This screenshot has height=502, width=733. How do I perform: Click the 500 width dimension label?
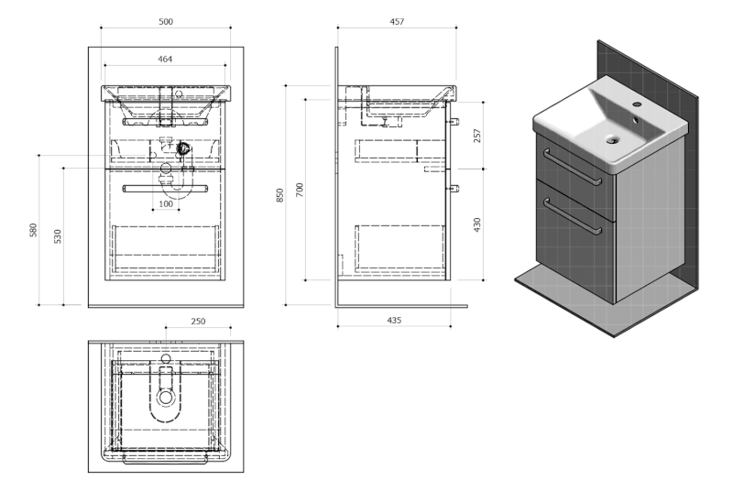tap(166, 21)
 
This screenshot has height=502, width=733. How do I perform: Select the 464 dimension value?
tap(165, 59)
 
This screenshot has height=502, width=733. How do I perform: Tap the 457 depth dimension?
tap(397, 21)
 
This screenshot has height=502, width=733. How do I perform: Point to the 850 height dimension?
tap(280, 195)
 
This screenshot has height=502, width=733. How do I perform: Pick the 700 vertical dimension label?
tap(300, 190)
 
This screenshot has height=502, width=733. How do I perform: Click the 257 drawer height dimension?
tap(476, 136)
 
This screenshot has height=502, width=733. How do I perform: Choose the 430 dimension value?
tap(476, 224)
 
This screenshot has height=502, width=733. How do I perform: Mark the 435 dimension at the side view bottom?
tap(394, 321)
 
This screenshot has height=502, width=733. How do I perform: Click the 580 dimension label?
tap(33, 230)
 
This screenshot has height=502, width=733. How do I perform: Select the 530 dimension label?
tap(58, 236)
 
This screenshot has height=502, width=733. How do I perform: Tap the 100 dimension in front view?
tap(166, 203)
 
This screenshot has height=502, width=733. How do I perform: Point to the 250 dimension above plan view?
tap(198, 322)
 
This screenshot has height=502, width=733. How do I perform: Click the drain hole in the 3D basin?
tap(612, 139)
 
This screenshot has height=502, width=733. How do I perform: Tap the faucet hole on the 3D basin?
tap(637, 104)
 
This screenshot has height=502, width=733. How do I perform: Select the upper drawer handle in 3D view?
tap(573, 167)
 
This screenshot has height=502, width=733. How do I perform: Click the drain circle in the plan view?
tap(166, 398)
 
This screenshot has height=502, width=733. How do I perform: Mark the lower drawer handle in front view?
tap(166, 189)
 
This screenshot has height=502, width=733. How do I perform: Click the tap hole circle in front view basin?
tap(178, 94)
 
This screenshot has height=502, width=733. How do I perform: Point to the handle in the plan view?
tap(165, 460)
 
